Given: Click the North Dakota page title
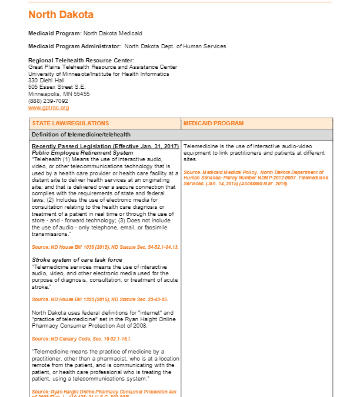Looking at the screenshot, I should pyautogui.click(x=61, y=15).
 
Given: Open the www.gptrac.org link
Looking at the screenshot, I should pyautogui.click(x=48, y=108).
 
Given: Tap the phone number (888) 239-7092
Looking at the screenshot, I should pyautogui.click(x=48, y=101).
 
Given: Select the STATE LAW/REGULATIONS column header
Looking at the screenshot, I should pyautogui.click(x=71, y=124).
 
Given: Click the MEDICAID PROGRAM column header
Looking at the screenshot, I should pyautogui.click(x=213, y=124).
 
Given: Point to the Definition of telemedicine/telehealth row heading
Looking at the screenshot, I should pyautogui.click(x=81, y=135).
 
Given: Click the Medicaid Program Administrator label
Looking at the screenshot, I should pyautogui.click(x=75, y=46).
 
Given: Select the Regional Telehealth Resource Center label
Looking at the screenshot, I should pyautogui.click(x=81, y=61).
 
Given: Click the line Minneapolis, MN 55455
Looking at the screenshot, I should pyautogui.click(x=59, y=94).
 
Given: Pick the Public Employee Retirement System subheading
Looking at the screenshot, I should pyautogui.click(x=82, y=153).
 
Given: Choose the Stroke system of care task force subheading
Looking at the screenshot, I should pyautogui.click(x=77, y=259).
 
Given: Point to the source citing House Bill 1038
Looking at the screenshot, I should pyautogui.click(x=105, y=247).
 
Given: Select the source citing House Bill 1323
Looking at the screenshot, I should pyautogui.click(x=100, y=299).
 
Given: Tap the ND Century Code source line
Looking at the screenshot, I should pyautogui.click(x=81, y=339).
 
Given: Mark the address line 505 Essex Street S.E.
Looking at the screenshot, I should pyautogui.click(x=57, y=87).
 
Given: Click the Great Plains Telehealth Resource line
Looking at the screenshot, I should pyautogui.click(x=102, y=67).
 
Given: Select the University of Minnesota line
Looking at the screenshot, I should pyautogui.click(x=98, y=74).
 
